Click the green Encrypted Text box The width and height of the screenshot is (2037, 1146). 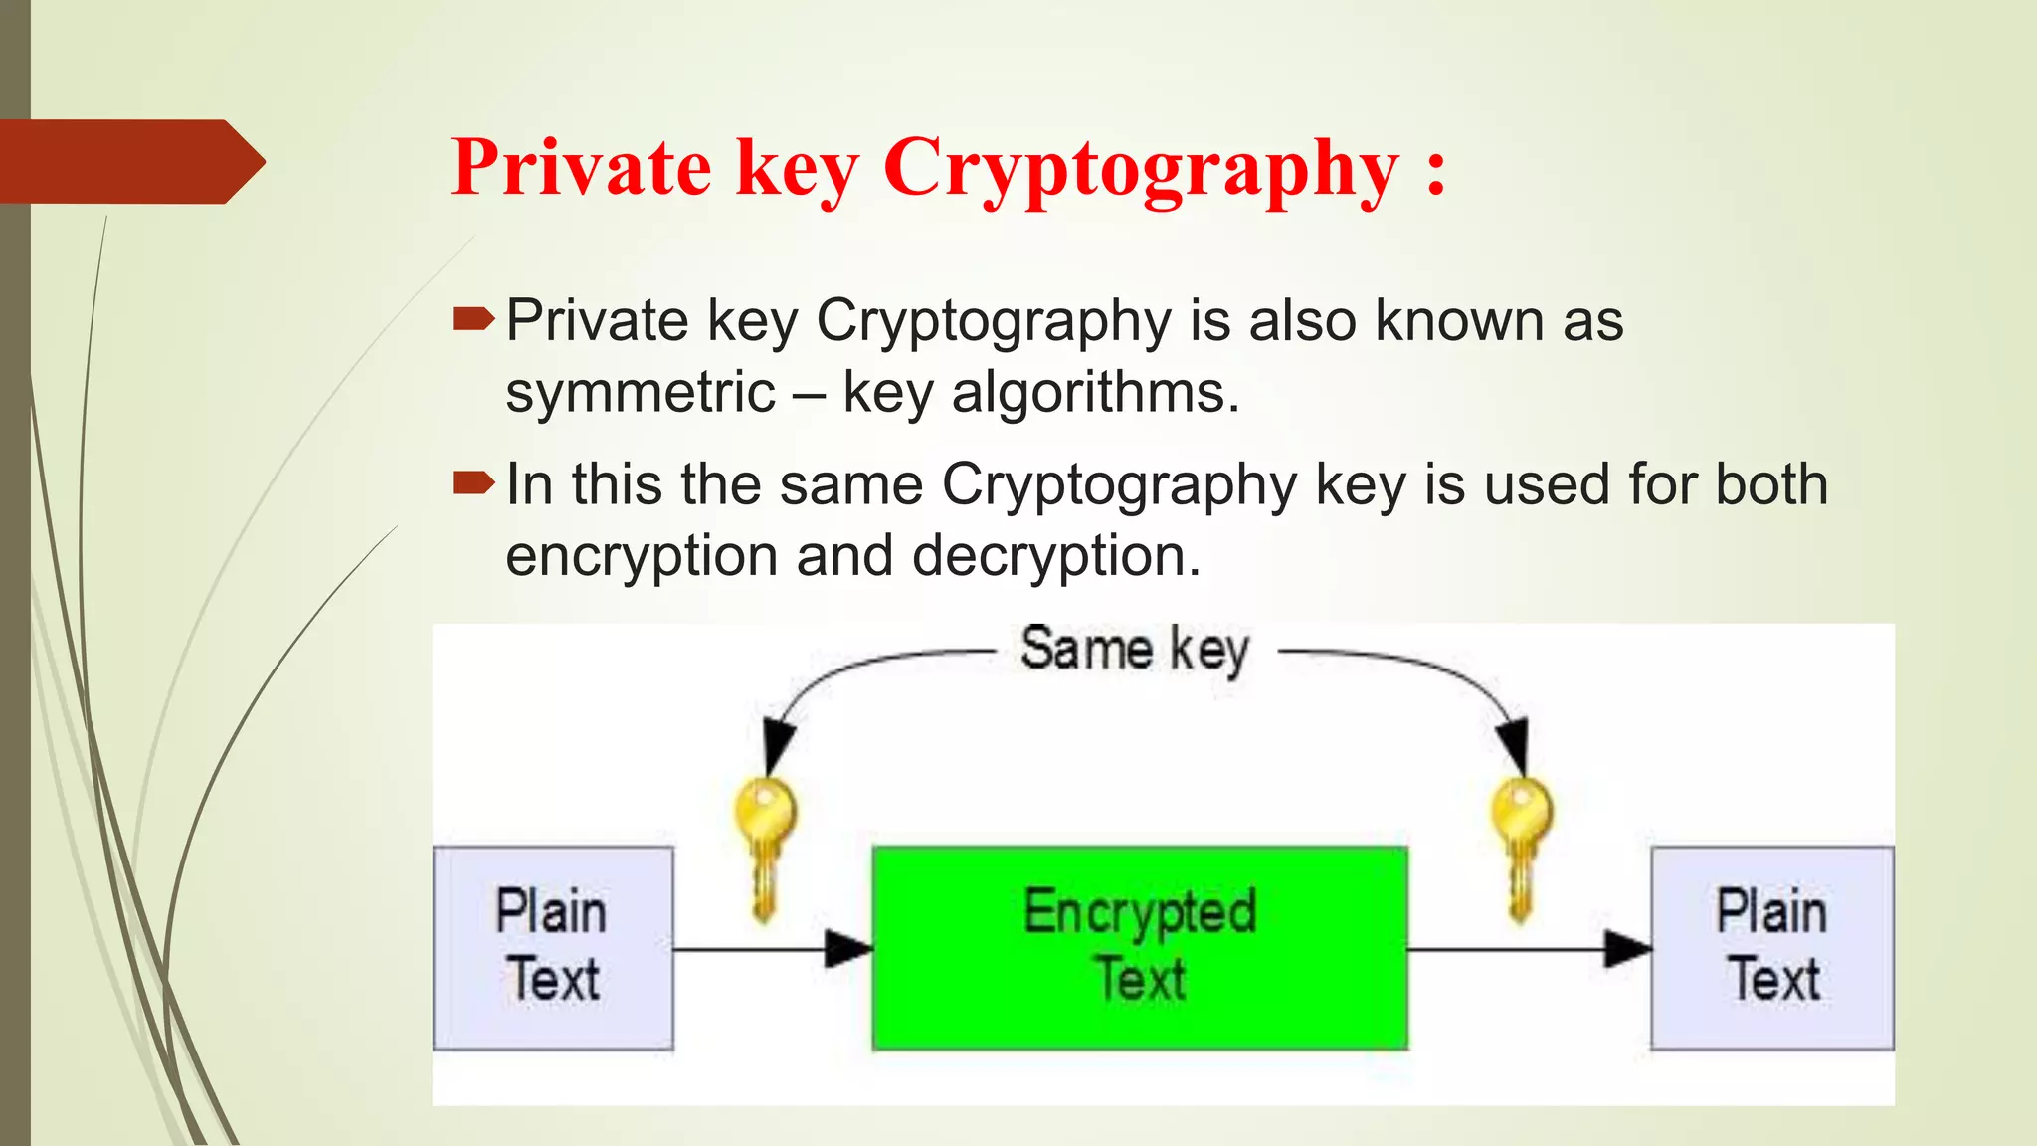pos(1140,947)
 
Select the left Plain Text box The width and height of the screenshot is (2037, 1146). pos(553,947)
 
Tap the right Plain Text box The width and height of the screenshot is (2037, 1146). pos(1771,947)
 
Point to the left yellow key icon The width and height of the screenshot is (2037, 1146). pos(764,846)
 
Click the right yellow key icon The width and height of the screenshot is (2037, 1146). pos(1520,846)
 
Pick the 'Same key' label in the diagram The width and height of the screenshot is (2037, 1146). pos(1135,650)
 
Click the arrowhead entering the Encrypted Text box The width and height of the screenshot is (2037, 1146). pos(848,948)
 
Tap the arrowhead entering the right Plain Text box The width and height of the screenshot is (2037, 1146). pos(1627,948)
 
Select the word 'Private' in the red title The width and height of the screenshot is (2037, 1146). pos(581,167)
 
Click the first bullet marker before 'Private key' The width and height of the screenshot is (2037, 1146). pos(472,319)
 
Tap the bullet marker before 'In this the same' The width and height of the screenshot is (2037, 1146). pos(472,483)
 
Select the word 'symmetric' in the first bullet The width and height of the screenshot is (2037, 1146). pos(640,393)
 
